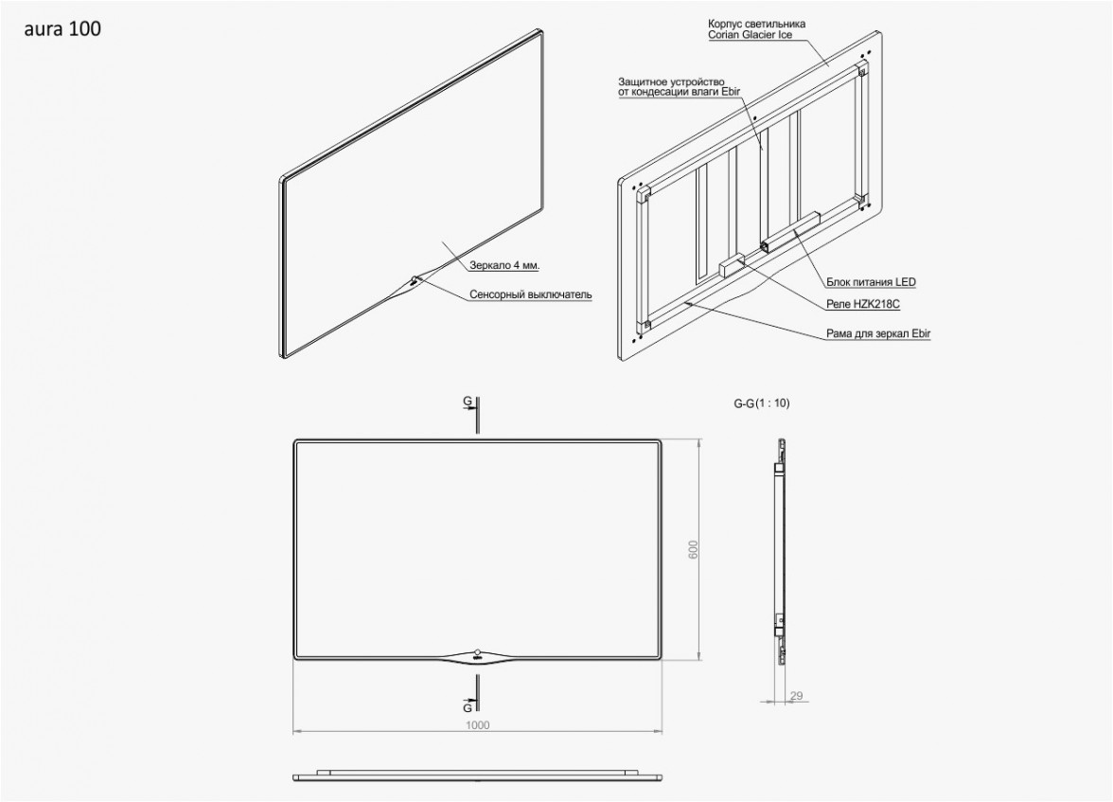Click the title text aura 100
tap(62, 29)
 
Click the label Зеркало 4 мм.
tap(504, 265)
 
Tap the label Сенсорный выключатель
tap(530, 294)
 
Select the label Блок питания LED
tap(871, 282)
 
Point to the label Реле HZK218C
tap(863, 304)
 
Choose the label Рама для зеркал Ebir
tap(878, 333)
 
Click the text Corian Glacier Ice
tap(751, 34)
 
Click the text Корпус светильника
tap(757, 25)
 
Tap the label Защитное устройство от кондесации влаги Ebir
tap(671, 87)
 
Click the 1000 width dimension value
tap(478, 724)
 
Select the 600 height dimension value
tap(694, 549)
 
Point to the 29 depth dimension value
tap(796, 696)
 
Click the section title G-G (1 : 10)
tap(761, 403)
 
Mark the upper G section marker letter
tap(468, 401)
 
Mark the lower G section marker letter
tap(468, 707)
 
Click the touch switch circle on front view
tap(477, 651)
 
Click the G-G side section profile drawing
tap(781, 550)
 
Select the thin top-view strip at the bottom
tap(478, 775)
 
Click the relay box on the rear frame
tap(731, 264)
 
